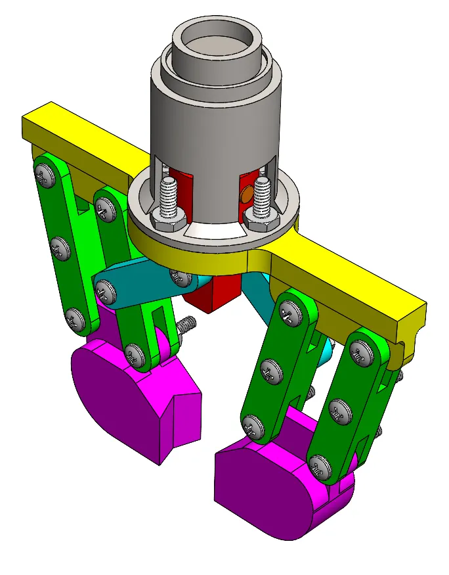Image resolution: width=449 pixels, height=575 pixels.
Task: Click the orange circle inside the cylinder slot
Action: pyautogui.click(x=246, y=195)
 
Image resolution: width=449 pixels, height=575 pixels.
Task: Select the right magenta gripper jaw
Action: pyautogui.click(x=276, y=486)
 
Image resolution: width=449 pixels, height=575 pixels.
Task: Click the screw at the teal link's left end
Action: pyautogui.click(x=105, y=289)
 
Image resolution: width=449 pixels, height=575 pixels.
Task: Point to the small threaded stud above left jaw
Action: pyautogui.click(x=186, y=325)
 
